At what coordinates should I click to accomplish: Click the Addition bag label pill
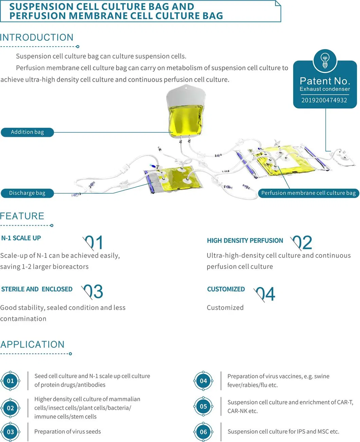coord(28,132)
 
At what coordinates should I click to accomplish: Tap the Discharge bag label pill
coord(27,193)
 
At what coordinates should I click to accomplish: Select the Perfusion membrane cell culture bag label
coord(308,193)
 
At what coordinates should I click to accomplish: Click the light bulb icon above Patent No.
coord(325,60)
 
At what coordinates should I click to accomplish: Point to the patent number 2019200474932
coord(324,100)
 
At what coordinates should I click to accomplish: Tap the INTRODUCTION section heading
coord(37,37)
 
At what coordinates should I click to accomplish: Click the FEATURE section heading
coord(22,216)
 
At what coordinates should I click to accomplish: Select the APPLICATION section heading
coord(32,344)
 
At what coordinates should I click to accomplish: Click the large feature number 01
coord(94,243)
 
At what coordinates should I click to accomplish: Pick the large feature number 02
coord(302,243)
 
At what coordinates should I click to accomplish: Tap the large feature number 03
coord(93,291)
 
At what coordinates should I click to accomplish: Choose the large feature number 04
coord(266,294)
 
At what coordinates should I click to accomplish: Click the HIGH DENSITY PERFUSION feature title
coord(245,241)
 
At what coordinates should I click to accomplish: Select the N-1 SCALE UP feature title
coord(21,238)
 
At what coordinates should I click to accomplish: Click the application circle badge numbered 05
coord(203,406)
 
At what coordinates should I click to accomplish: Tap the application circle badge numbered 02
coord(11,408)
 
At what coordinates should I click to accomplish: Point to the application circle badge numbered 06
coord(203,432)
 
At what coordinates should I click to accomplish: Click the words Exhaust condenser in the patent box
coord(325,89)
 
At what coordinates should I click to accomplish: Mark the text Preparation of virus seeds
coord(68,431)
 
